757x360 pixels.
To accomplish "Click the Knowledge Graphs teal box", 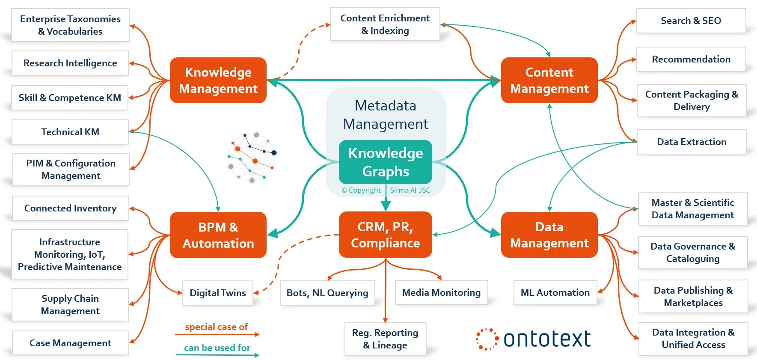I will click(385, 162).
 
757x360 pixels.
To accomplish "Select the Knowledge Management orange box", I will click(218, 80).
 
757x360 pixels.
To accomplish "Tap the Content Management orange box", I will click(549, 80).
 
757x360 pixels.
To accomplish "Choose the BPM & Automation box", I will click(218, 235).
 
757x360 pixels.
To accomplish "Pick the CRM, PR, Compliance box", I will click(385, 235).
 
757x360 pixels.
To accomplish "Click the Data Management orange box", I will click(549, 235).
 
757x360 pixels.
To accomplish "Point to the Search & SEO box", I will click(691, 21).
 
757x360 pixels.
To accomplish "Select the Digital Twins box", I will click(217, 293).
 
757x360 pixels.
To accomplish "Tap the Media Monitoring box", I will click(441, 292).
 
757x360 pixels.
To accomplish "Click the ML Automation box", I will click(555, 292).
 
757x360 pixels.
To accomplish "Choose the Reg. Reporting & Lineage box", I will click(385, 339).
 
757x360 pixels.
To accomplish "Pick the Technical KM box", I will click(70, 132).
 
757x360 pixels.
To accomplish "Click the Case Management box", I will click(70, 343).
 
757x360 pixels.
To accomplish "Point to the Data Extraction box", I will click(692, 142).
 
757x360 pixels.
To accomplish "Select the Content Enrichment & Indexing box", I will click(385, 24).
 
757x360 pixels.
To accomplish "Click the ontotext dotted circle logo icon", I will click(487, 339).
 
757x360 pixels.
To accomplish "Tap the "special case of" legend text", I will click(217, 327).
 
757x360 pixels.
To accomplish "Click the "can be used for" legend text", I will click(217, 348).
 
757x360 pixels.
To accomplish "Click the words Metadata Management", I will click(386, 115).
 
